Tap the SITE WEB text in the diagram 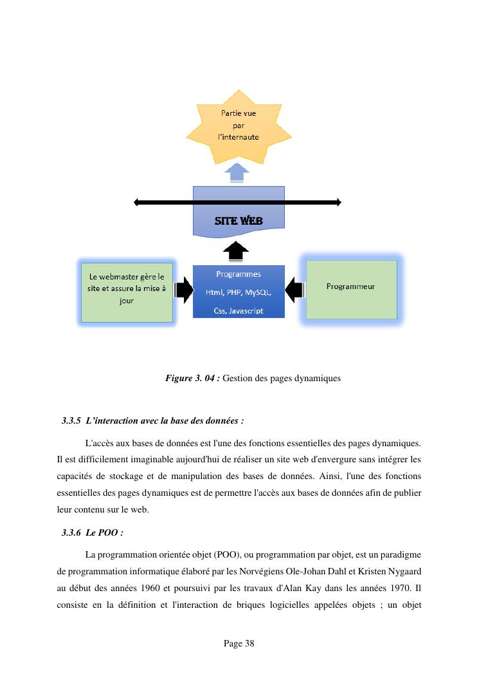pyautogui.click(x=239, y=221)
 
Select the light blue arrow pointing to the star pyautogui.click(x=239, y=172)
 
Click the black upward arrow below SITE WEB pyautogui.click(x=238, y=251)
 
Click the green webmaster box pyautogui.click(x=127, y=292)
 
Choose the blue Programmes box pyautogui.click(x=239, y=292)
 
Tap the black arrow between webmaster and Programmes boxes pyautogui.click(x=184, y=290)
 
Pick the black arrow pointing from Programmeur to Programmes pyautogui.click(x=294, y=290)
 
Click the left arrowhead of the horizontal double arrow pyautogui.click(x=137, y=203)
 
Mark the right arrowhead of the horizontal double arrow pyautogui.click(x=338, y=203)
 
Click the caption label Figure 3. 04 pyautogui.click(x=192, y=379)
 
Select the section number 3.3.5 pyautogui.click(x=71, y=421)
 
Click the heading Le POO pyautogui.click(x=104, y=533)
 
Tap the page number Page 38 pyautogui.click(x=239, y=643)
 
